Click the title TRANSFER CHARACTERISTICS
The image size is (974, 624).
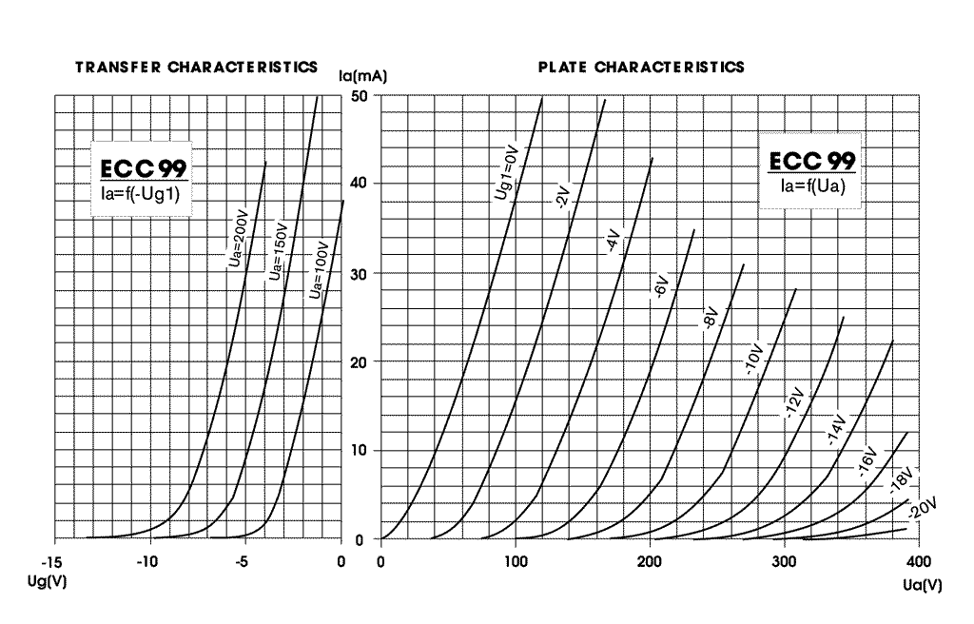point(196,68)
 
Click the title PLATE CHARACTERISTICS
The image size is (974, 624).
point(641,68)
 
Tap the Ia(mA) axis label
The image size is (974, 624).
point(362,76)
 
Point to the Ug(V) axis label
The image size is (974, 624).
point(48,582)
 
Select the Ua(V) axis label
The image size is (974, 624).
point(923,585)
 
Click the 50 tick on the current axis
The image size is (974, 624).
point(360,96)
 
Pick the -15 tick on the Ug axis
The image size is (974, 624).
point(51,562)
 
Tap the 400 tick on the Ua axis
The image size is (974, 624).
point(919,562)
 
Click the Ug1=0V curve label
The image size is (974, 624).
point(506,173)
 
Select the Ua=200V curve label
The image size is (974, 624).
point(238,240)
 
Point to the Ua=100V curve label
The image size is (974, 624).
point(318,270)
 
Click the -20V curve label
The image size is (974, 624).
point(922,508)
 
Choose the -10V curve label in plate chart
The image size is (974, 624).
point(754,359)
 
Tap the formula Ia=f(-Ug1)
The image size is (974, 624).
point(141,195)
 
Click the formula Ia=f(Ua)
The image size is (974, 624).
point(812,185)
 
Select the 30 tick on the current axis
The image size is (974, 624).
point(359,274)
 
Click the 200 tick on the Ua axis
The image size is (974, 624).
point(649,562)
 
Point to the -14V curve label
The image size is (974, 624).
point(837,429)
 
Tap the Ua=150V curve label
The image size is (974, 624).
point(279,250)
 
